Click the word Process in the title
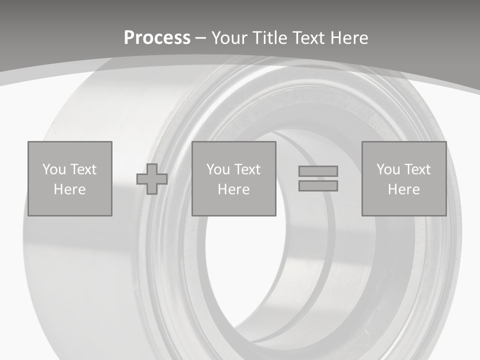[157, 38]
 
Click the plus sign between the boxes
[152, 179]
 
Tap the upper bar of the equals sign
[318, 171]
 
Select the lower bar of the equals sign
[318, 185]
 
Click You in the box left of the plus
[54, 169]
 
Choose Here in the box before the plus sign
[69, 189]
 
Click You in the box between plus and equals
[218, 169]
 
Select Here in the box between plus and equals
[233, 189]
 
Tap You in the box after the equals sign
[388, 169]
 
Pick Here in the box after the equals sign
[403, 189]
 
